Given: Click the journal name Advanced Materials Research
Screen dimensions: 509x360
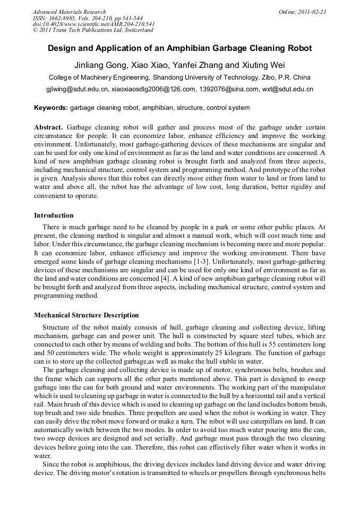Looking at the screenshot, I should [x=69, y=12].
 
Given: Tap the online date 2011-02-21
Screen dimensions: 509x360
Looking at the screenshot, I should [x=313, y=12].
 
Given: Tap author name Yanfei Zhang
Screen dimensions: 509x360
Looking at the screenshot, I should [x=200, y=65].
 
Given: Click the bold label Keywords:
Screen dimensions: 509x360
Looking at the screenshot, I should [x=51, y=108].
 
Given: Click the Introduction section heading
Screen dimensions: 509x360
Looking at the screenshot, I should [x=54, y=215].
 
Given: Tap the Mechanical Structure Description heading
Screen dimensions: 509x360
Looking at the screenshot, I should [x=86, y=315].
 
